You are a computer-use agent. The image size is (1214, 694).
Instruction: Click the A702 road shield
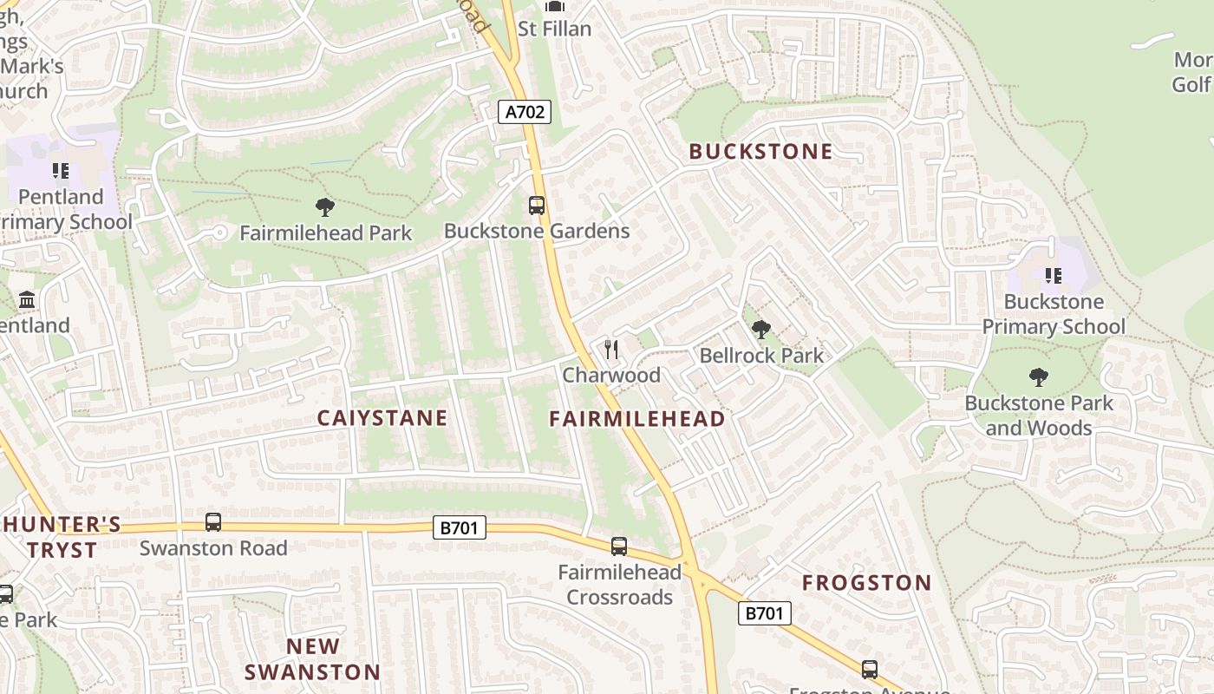click(x=525, y=111)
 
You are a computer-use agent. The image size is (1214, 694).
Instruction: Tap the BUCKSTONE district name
click(x=760, y=152)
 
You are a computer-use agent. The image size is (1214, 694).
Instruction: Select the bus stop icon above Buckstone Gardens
click(x=537, y=206)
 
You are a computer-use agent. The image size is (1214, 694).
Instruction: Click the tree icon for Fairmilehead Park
click(x=325, y=206)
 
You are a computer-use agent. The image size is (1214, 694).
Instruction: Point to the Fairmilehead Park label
click(x=326, y=233)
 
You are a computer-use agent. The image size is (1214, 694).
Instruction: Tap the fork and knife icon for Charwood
click(x=611, y=350)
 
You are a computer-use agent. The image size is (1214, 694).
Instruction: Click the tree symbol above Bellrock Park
click(x=761, y=330)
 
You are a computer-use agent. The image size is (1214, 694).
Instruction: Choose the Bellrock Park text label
click(x=761, y=356)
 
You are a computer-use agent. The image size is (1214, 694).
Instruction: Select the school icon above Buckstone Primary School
click(x=1054, y=276)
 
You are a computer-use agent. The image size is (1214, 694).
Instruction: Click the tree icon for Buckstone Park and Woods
click(x=1038, y=376)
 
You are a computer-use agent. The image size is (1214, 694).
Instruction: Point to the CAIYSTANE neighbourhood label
click(x=382, y=418)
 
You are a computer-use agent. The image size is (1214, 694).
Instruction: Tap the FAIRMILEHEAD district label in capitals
click(x=637, y=419)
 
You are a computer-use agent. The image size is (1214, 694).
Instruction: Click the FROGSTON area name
click(x=866, y=583)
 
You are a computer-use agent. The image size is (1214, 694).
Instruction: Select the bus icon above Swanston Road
click(x=213, y=522)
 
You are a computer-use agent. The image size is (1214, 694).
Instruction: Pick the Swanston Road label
click(x=213, y=548)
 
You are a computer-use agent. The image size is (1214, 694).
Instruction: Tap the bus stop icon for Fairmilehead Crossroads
click(x=619, y=547)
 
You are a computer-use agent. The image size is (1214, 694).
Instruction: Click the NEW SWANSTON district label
click(x=312, y=659)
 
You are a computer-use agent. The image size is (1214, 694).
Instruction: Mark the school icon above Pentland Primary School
click(x=60, y=170)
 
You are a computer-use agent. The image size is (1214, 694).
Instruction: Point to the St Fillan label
click(x=554, y=29)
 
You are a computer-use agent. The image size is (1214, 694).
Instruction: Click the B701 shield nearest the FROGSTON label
click(x=765, y=613)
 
